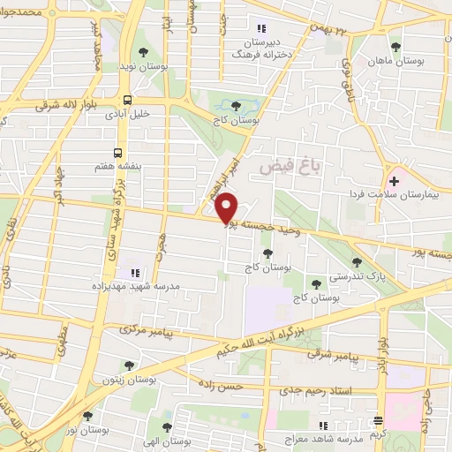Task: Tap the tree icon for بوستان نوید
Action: (144, 52)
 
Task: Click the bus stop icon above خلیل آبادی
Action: (129, 100)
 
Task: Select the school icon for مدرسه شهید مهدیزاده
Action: (135, 272)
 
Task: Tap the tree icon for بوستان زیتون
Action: (129, 365)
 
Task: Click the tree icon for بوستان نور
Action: (87, 415)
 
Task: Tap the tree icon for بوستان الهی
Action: (167, 426)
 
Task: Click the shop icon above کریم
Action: (378, 421)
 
